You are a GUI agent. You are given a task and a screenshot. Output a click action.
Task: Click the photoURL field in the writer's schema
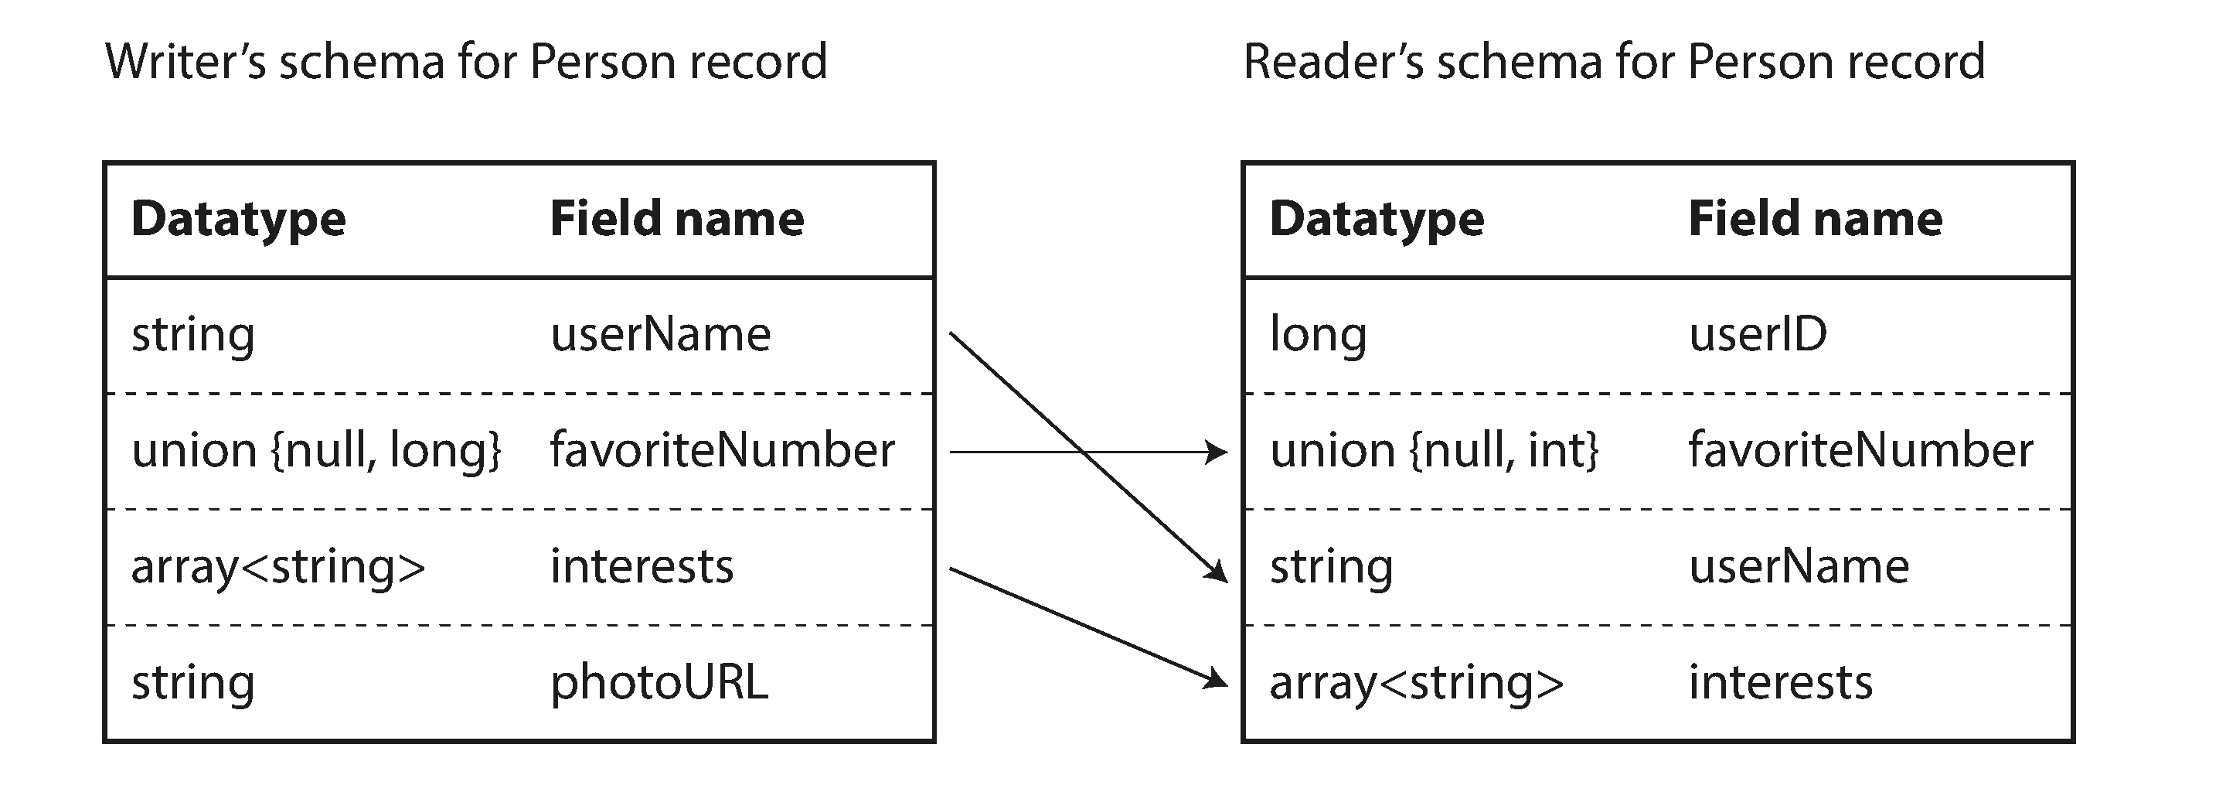click(x=659, y=682)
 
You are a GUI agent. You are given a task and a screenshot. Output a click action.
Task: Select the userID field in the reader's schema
click(x=1758, y=335)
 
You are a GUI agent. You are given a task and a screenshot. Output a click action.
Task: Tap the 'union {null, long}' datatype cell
click(x=316, y=450)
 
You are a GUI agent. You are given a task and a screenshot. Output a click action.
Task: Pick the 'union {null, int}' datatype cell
click(x=1434, y=450)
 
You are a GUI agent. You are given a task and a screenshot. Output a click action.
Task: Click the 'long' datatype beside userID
click(x=1318, y=335)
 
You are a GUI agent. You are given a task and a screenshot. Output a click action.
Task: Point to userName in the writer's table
click(x=660, y=335)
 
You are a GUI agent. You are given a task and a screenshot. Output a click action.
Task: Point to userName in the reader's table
click(x=1799, y=566)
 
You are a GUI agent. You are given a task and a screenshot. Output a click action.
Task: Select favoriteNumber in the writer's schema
click(x=723, y=450)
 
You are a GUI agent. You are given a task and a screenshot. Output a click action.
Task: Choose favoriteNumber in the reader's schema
click(x=1860, y=450)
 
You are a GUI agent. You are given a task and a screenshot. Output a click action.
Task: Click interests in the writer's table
click(x=642, y=566)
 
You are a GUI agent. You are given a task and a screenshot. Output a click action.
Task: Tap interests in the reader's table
click(x=1780, y=682)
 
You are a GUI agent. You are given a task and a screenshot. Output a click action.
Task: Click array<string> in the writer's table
click(x=277, y=566)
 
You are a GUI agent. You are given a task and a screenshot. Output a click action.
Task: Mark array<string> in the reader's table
click(x=1416, y=682)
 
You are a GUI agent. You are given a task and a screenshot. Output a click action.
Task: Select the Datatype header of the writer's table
click(x=239, y=218)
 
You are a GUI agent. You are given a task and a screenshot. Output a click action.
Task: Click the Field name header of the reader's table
click(x=1815, y=218)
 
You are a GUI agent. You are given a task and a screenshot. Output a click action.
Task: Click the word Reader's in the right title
click(x=1332, y=62)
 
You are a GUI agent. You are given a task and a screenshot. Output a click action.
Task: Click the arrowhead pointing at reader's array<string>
click(x=1217, y=680)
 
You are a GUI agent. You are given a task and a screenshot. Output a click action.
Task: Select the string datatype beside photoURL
click(x=192, y=682)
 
